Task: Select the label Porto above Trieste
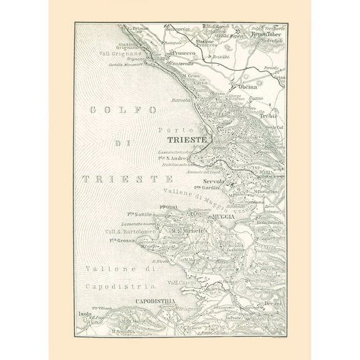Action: click(x=172, y=130)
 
